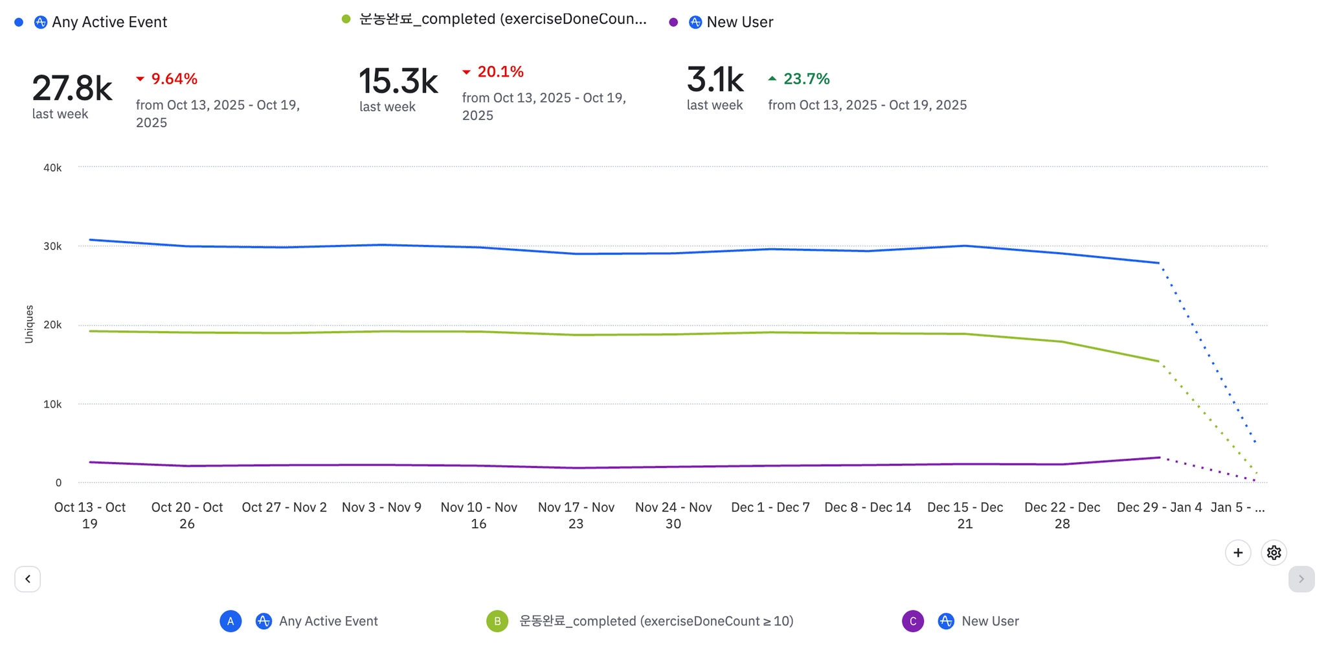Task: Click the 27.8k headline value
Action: tap(72, 88)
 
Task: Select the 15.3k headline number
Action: tap(398, 81)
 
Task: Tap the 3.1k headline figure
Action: tap(715, 80)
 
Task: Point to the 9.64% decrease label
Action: tap(174, 79)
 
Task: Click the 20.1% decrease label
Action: tap(500, 72)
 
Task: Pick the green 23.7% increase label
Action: tap(806, 79)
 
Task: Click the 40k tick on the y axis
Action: tap(52, 168)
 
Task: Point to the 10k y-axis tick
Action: tap(52, 404)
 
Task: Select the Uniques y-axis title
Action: tap(29, 324)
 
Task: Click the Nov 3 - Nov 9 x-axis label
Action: tap(381, 507)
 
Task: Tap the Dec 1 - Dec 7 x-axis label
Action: tap(770, 507)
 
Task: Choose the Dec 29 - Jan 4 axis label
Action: tap(1159, 507)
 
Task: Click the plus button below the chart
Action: tap(1238, 553)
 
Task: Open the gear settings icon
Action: tap(1274, 553)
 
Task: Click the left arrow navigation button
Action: tap(28, 579)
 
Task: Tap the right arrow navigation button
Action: tap(1301, 579)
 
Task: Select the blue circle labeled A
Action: tap(230, 621)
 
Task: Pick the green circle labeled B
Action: tap(497, 621)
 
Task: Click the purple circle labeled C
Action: tap(913, 621)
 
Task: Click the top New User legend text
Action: tap(739, 22)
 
